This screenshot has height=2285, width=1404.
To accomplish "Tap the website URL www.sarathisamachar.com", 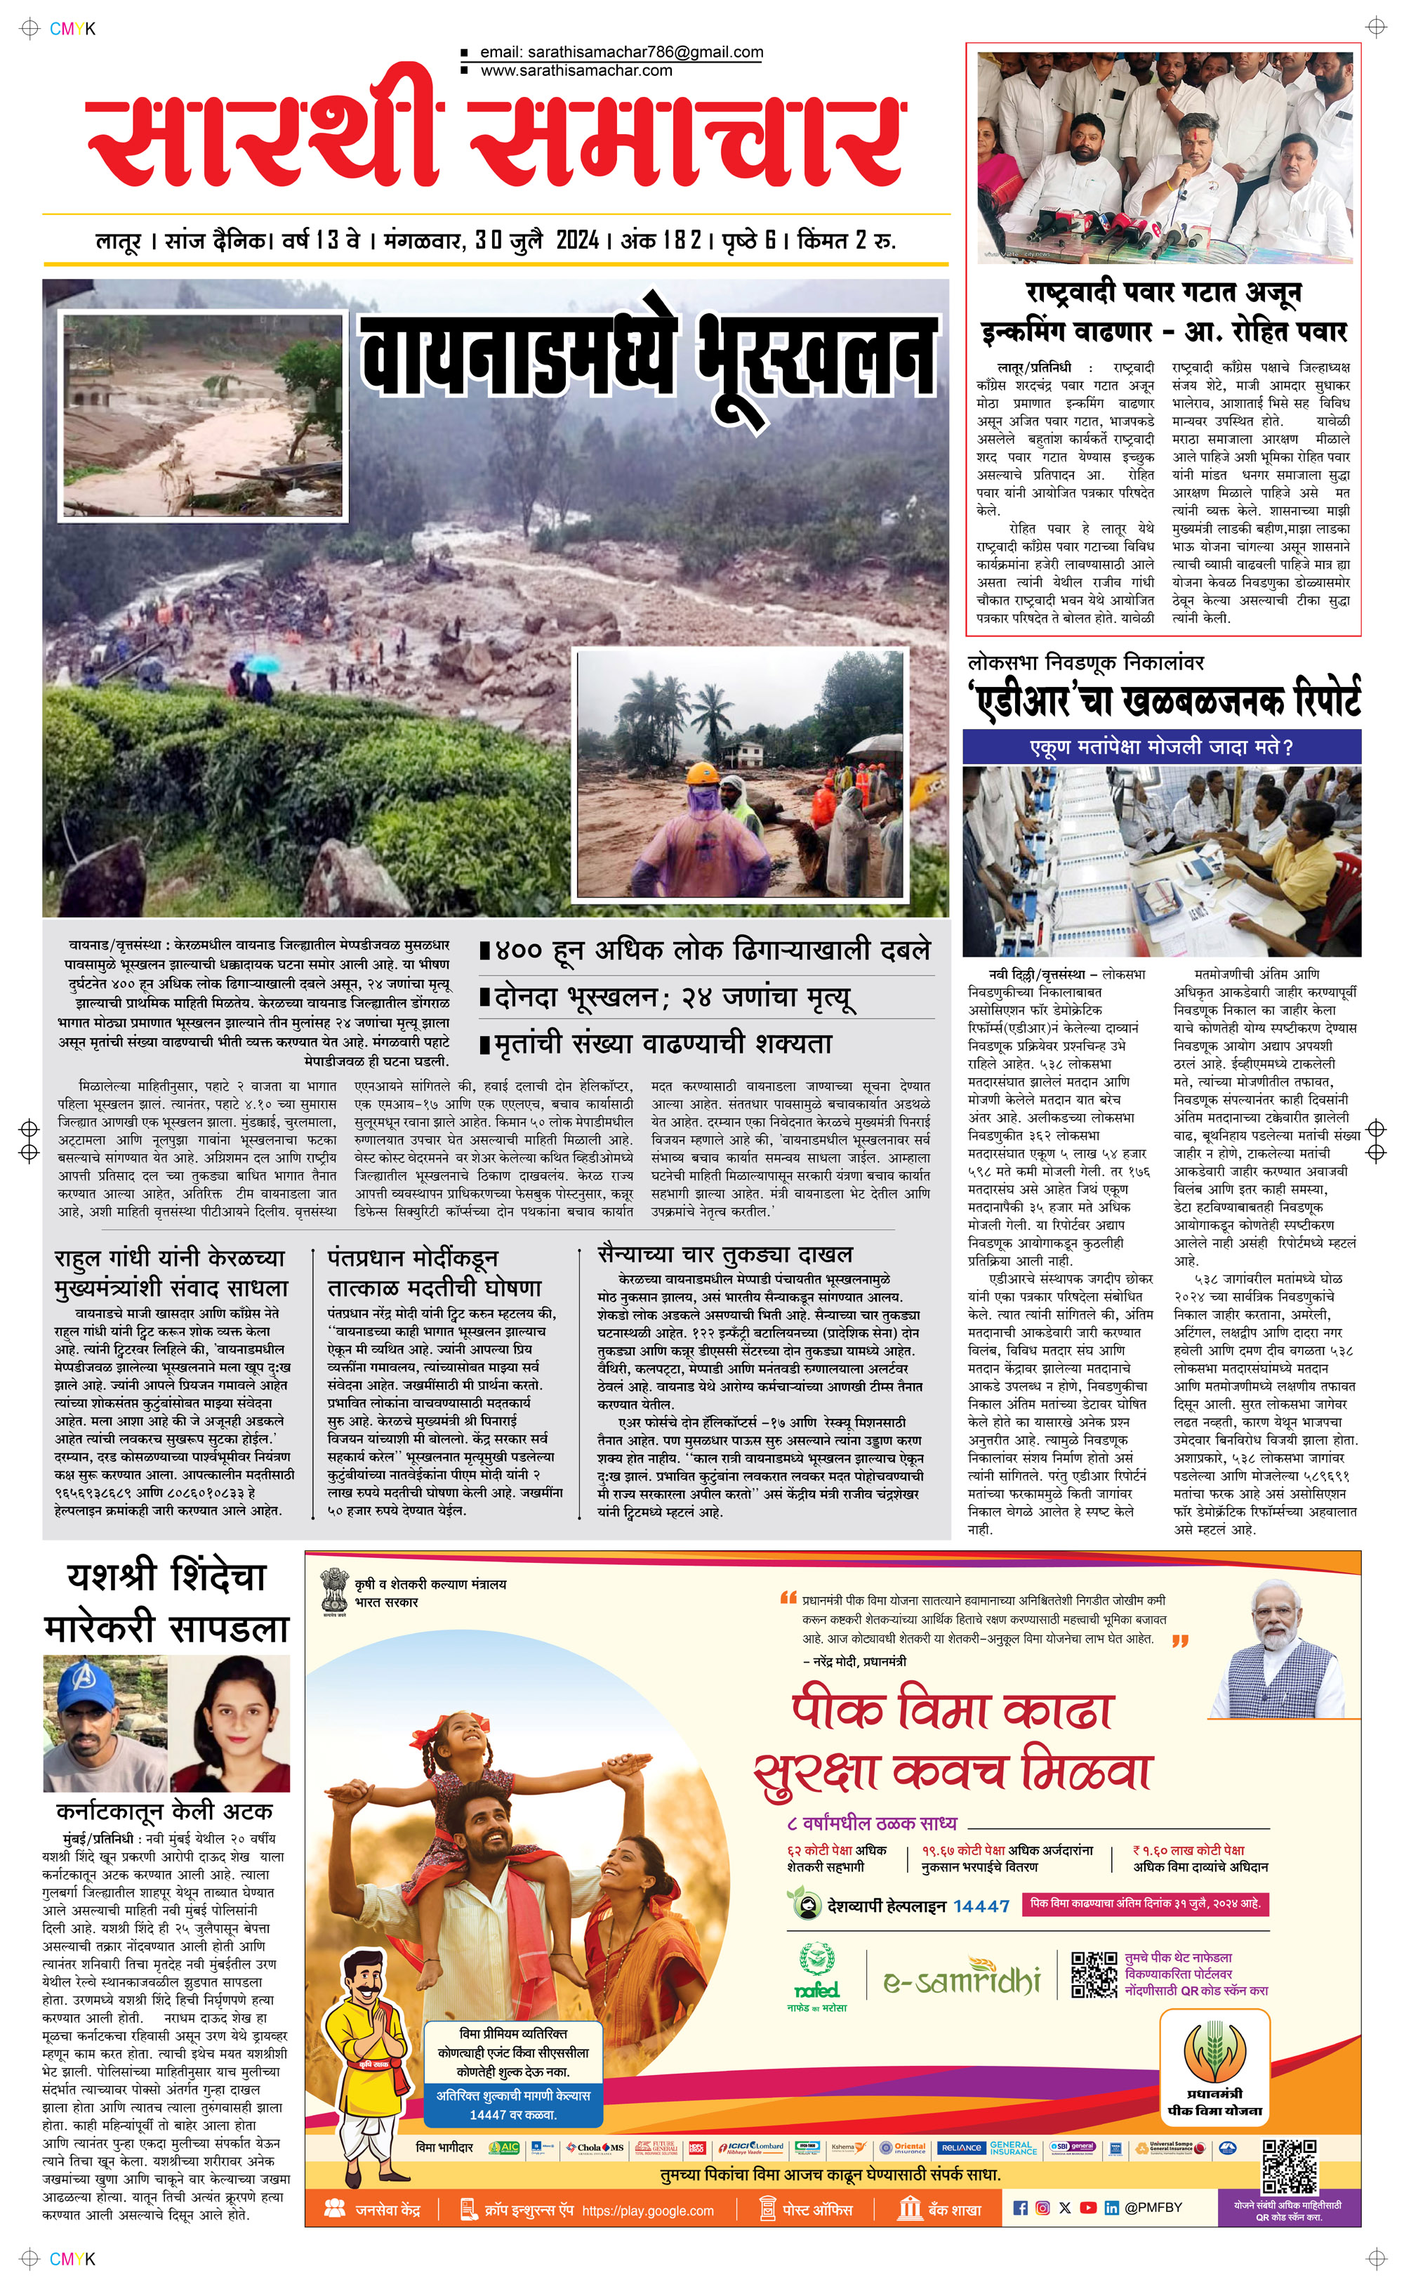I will tap(576, 70).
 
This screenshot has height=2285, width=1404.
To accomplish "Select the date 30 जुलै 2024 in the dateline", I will tap(537, 240).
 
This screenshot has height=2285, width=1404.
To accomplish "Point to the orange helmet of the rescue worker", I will tap(703, 773).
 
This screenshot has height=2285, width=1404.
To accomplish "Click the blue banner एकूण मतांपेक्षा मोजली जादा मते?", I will tap(1160, 747).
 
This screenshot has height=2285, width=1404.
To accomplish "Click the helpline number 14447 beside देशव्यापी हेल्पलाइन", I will tap(981, 1906).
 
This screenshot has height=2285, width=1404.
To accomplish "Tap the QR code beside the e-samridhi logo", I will tap(1094, 1975).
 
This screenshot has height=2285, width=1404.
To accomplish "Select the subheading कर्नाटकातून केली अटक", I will tap(164, 1812).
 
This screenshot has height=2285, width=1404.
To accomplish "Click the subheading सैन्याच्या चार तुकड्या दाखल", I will tap(725, 1254).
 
